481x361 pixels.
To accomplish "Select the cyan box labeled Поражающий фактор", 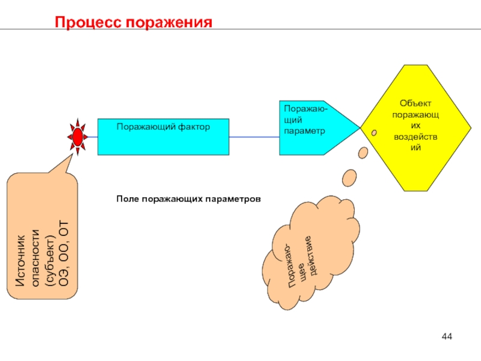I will [x=163, y=137].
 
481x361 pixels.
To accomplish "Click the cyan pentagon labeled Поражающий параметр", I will [x=316, y=128].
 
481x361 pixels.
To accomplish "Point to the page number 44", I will [x=447, y=335].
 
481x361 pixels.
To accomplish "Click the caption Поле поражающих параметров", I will [x=189, y=198].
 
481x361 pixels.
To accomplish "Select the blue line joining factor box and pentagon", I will [x=254, y=137].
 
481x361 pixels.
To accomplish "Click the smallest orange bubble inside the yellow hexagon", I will [x=375, y=132].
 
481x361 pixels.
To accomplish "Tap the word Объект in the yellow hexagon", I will [x=416, y=103].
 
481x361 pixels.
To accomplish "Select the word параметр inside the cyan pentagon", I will [x=304, y=130].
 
